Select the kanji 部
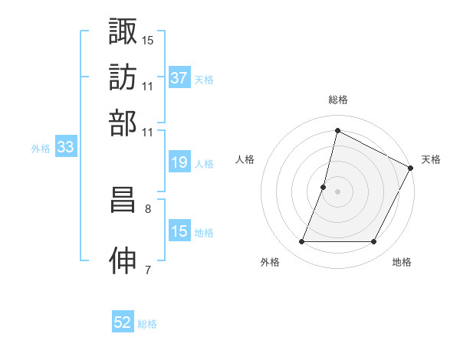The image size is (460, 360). tap(123, 123)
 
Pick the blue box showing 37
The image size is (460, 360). tap(179, 78)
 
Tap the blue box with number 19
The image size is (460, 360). tap(179, 163)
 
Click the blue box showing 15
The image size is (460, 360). tap(179, 232)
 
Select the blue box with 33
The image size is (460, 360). tap(65, 149)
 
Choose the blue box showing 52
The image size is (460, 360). tap(123, 323)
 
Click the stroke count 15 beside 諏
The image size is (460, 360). tap(148, 39)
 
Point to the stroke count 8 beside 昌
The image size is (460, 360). tap(147, 208)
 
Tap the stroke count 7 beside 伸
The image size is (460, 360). tap(147, 269)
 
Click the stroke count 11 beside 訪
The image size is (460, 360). tap(148, 85)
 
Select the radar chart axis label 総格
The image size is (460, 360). tap(337, 100)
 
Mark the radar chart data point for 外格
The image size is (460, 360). tap(301, 242)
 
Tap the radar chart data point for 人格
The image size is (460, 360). tap(324, 186)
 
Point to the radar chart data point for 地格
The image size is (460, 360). tap(374, 242)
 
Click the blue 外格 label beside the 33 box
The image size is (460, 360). tap(40, 149)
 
